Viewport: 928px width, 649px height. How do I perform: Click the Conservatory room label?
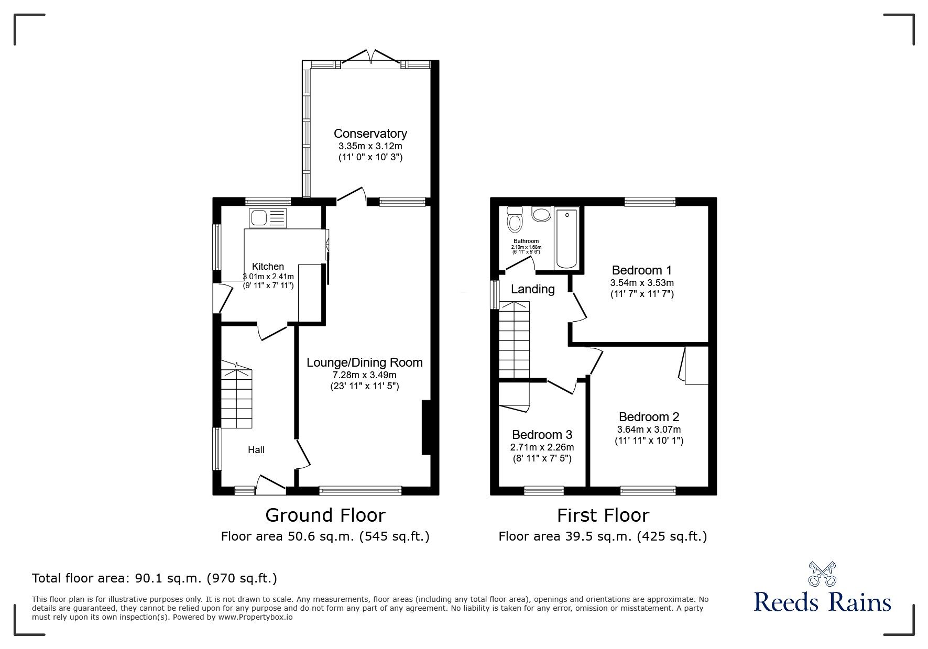370,134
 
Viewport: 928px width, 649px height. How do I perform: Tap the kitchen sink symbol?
268,218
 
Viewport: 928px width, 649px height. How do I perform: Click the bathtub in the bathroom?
566,238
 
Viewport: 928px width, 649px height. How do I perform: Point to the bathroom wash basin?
540,214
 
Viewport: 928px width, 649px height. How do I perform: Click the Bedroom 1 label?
641,270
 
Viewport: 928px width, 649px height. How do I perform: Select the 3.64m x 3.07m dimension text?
649,430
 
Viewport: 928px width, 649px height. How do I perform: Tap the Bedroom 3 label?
542,435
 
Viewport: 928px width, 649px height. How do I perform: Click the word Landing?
532,289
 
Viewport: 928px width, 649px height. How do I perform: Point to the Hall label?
256,449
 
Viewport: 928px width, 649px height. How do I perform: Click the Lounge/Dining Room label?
364,362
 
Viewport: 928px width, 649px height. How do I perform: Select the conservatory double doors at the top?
370,58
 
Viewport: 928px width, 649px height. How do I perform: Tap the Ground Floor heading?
325,515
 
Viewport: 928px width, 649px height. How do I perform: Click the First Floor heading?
603,515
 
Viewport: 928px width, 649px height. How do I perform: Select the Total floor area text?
155,578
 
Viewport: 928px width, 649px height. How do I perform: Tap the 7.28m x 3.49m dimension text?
364,375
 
